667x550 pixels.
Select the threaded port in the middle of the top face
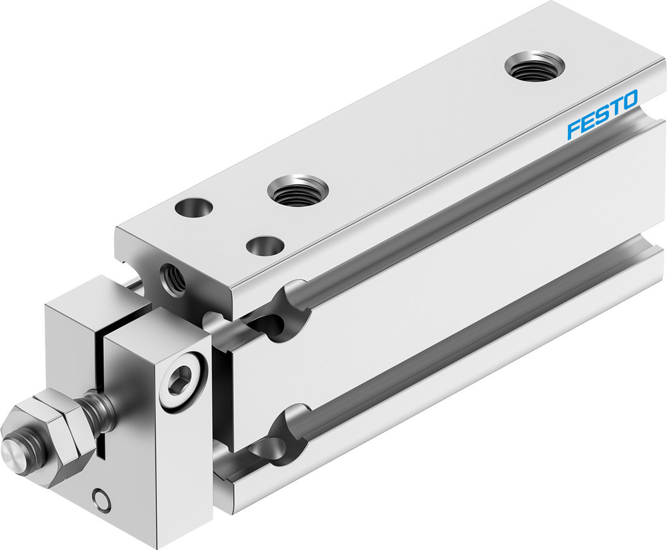click(x=298, y=191)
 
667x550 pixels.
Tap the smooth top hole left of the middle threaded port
click(x=193, y=208)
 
